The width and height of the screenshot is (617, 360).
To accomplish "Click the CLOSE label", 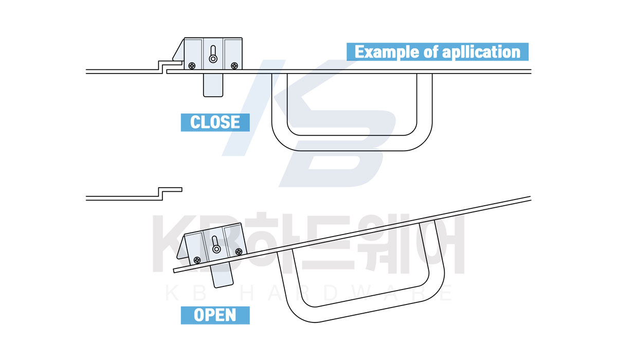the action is pos(215,122).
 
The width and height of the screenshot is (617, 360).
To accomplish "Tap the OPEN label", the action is pos(215,315).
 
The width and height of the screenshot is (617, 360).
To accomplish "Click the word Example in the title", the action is pos(387,52).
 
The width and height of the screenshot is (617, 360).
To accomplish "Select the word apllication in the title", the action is pos(481,52).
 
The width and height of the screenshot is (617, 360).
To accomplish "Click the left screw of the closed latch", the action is pos(192,65).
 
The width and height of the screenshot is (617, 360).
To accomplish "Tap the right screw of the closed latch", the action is pos(234,65).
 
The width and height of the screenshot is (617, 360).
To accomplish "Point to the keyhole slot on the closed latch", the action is pos(213,54).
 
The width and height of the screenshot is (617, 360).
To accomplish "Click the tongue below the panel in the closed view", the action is pos(213,85).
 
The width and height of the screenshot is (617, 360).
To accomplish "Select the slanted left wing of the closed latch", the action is pos(178,50).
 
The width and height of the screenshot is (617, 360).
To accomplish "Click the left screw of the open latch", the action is pos(197,260).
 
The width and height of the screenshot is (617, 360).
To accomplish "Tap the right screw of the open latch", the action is pos(239,251).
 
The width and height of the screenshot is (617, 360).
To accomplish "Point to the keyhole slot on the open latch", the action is pos(215,244).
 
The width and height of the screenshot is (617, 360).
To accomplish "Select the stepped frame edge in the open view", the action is pos(160,194).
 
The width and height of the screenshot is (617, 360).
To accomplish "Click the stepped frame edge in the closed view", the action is pos(160,67).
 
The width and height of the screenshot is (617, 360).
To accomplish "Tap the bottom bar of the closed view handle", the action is pos(352,143).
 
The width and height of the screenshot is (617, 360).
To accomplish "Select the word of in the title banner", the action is pos(431,51).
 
